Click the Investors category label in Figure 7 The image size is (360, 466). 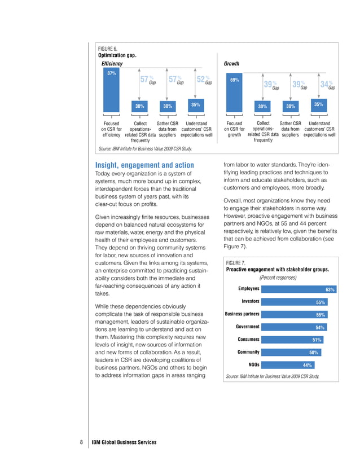(250, 301)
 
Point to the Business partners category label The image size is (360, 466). (242, 314)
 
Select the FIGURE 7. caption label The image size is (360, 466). (235, 263)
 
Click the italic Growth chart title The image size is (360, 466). (234, 64)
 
